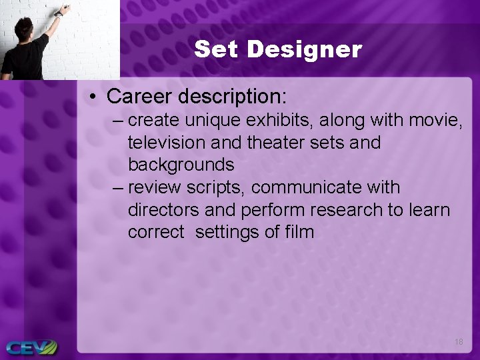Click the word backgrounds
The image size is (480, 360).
tap(181, 165)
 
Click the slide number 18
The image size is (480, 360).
tap(458, 342)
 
